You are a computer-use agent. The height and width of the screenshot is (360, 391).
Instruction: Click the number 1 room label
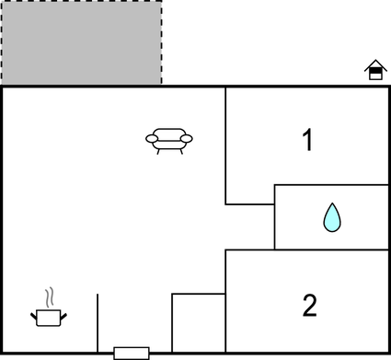[308, 141]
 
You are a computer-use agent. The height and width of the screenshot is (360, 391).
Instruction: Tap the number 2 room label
[309, 304]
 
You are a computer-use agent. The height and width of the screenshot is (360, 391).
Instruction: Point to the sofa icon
[169, 140]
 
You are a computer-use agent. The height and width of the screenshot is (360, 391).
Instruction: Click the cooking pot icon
[48, 318]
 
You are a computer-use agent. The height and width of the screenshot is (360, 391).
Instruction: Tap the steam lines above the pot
[50, 297]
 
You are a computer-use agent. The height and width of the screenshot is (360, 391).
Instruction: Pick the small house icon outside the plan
[374, 70]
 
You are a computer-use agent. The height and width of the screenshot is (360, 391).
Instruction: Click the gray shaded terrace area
[81, 41]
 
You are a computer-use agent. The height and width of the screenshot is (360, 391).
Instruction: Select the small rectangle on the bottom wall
[131, 353]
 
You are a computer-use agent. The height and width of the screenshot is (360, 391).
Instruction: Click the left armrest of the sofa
[152, 139]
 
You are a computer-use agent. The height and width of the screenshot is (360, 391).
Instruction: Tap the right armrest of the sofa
[187, 139]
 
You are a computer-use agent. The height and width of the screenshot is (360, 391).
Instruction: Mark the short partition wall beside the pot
[98, 323]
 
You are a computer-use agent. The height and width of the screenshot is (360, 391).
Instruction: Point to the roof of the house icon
[374, 64]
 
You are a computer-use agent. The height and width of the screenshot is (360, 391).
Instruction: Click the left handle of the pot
[35, 316]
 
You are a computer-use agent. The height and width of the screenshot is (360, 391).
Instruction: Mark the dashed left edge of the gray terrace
[1, 41]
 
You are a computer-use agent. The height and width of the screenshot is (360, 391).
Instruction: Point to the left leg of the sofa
[158, 151]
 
